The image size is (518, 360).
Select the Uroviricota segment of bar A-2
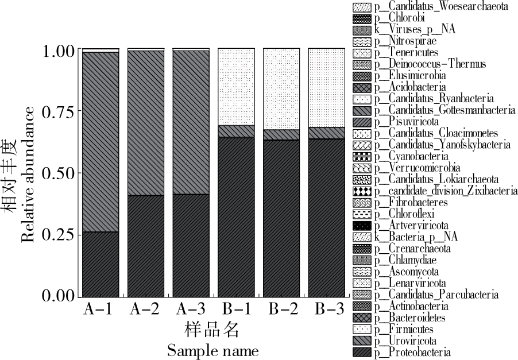[146, 123]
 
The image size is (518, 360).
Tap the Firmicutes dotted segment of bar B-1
[236, 86]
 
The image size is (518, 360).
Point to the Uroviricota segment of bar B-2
[281, 134]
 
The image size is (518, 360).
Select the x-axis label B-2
[281, 309]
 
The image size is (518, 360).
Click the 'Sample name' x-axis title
[212, 350]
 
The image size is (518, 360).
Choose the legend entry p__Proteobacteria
[412, 352]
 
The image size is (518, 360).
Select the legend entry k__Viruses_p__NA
[414, 30]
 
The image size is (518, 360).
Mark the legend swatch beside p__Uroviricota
[362, 340]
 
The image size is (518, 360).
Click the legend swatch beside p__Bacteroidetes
[362, 318]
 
